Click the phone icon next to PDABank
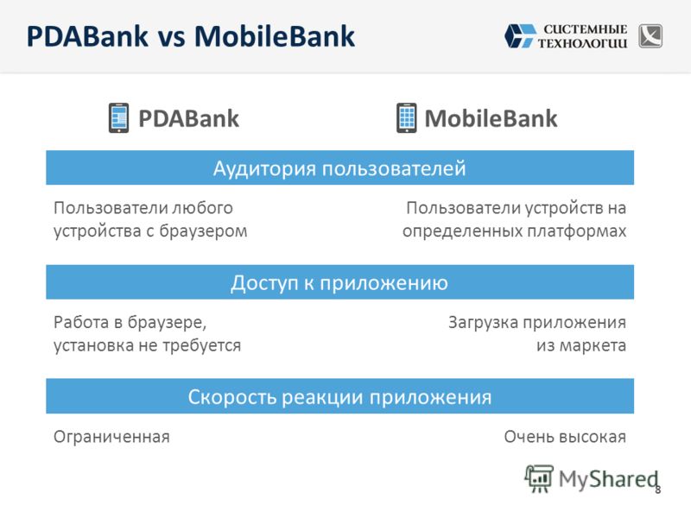pyautogui.click(x=119, y=117)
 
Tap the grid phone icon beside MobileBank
pyautogui.click(x=406, y=117)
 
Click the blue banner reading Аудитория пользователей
pyautogui.click(x=339, y=167)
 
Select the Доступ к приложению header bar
pyautogui.click(x=339, y=282)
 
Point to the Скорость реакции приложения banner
pyautogui.click(x=339, y=396)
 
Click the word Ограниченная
pyautogui.click(x=111, y=437)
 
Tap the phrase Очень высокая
pyautogui.click(x=565, y=437)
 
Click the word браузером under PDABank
pyautogui.click(x=203, y=231)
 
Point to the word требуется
pyautogui.click(x=202, y=346)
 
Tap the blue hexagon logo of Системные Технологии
pyautogui.click(x=520, y=35)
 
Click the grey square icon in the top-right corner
pyautogui.click(x=650, y=35)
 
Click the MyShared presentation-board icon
pyautogui.click(x=538, y=478)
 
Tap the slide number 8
pyautogui.click(x=657, y=490)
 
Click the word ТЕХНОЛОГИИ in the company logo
pyautogui.click(x=582, y=43)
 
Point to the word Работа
pyautogui.click(x=81, y=322)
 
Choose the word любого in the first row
pyautogui.click(x=202, y=208)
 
